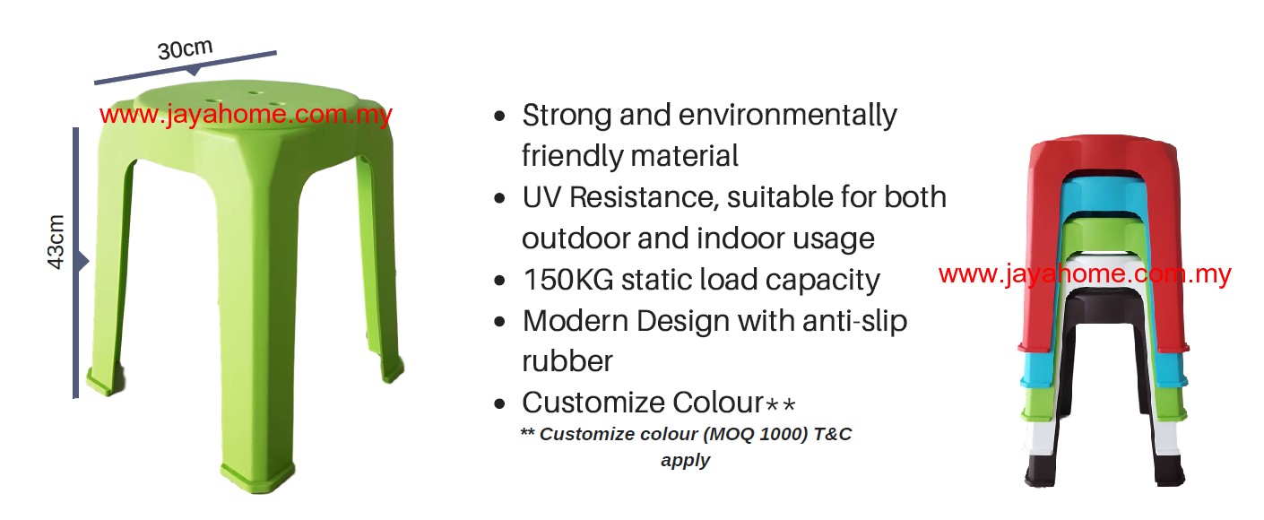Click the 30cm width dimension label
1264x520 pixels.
click(185, 49)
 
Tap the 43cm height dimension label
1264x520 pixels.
click(56, 242)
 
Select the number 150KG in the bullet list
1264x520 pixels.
click(568, 280)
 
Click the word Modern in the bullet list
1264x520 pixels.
click(576, 321)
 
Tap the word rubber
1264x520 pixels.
click(567, 361)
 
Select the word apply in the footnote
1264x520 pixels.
click(685, 460)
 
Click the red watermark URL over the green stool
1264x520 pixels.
click(246, 115)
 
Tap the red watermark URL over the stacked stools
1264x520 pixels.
click(1085, 274)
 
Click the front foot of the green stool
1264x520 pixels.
click(258, 478)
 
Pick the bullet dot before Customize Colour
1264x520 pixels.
click(499, 404)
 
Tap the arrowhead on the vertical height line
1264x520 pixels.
click(83, 262)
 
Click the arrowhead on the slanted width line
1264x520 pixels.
click(194, 71)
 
